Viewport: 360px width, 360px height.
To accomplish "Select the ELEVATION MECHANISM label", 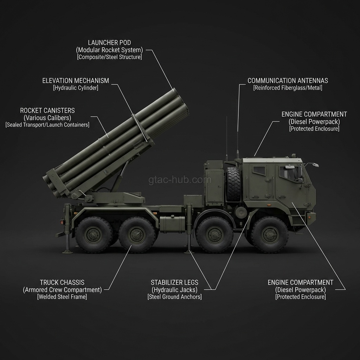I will tap(76, 81).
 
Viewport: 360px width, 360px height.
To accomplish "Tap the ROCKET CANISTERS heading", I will tap(47, 111).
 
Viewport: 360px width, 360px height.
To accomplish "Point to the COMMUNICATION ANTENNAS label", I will tap(288, 81).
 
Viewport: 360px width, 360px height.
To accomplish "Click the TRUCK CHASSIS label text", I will tap(62, 283).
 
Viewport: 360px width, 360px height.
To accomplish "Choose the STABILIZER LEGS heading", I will tap(174, 283).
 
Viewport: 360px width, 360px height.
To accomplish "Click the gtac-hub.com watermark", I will tap(180, 180).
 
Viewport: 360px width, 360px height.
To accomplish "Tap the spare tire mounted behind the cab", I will tap(233, 184).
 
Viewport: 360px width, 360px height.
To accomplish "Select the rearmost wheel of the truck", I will tap(93, 234).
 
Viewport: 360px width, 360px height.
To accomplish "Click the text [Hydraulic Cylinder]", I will tap(76, 88).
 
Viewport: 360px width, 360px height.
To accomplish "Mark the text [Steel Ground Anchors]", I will tap(174, 297).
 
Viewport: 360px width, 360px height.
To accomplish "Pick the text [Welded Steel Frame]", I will tap(62, 297).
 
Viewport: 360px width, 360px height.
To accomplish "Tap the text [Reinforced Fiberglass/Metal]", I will tap(288, 88).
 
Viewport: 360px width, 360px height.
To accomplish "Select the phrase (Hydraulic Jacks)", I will tap(174, 290).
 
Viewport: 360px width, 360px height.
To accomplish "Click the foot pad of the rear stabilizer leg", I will tap(67, 251).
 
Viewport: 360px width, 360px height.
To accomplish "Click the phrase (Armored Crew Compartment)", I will tap(62, 290).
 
